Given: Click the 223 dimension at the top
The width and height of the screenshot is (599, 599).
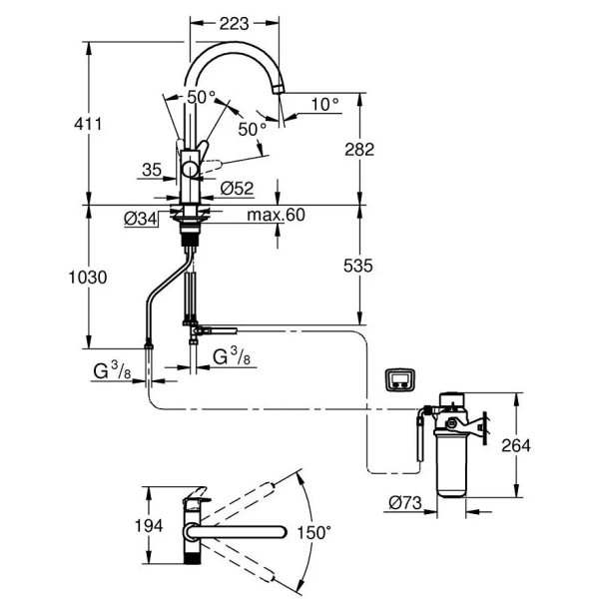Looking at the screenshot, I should tap(235, 23).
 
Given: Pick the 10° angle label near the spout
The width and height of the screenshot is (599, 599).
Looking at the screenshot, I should tap(324, 103).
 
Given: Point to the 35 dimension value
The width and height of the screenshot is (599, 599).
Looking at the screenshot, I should tap(152, 171).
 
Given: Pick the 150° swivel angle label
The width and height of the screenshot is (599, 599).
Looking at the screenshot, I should tap(311, 533).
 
